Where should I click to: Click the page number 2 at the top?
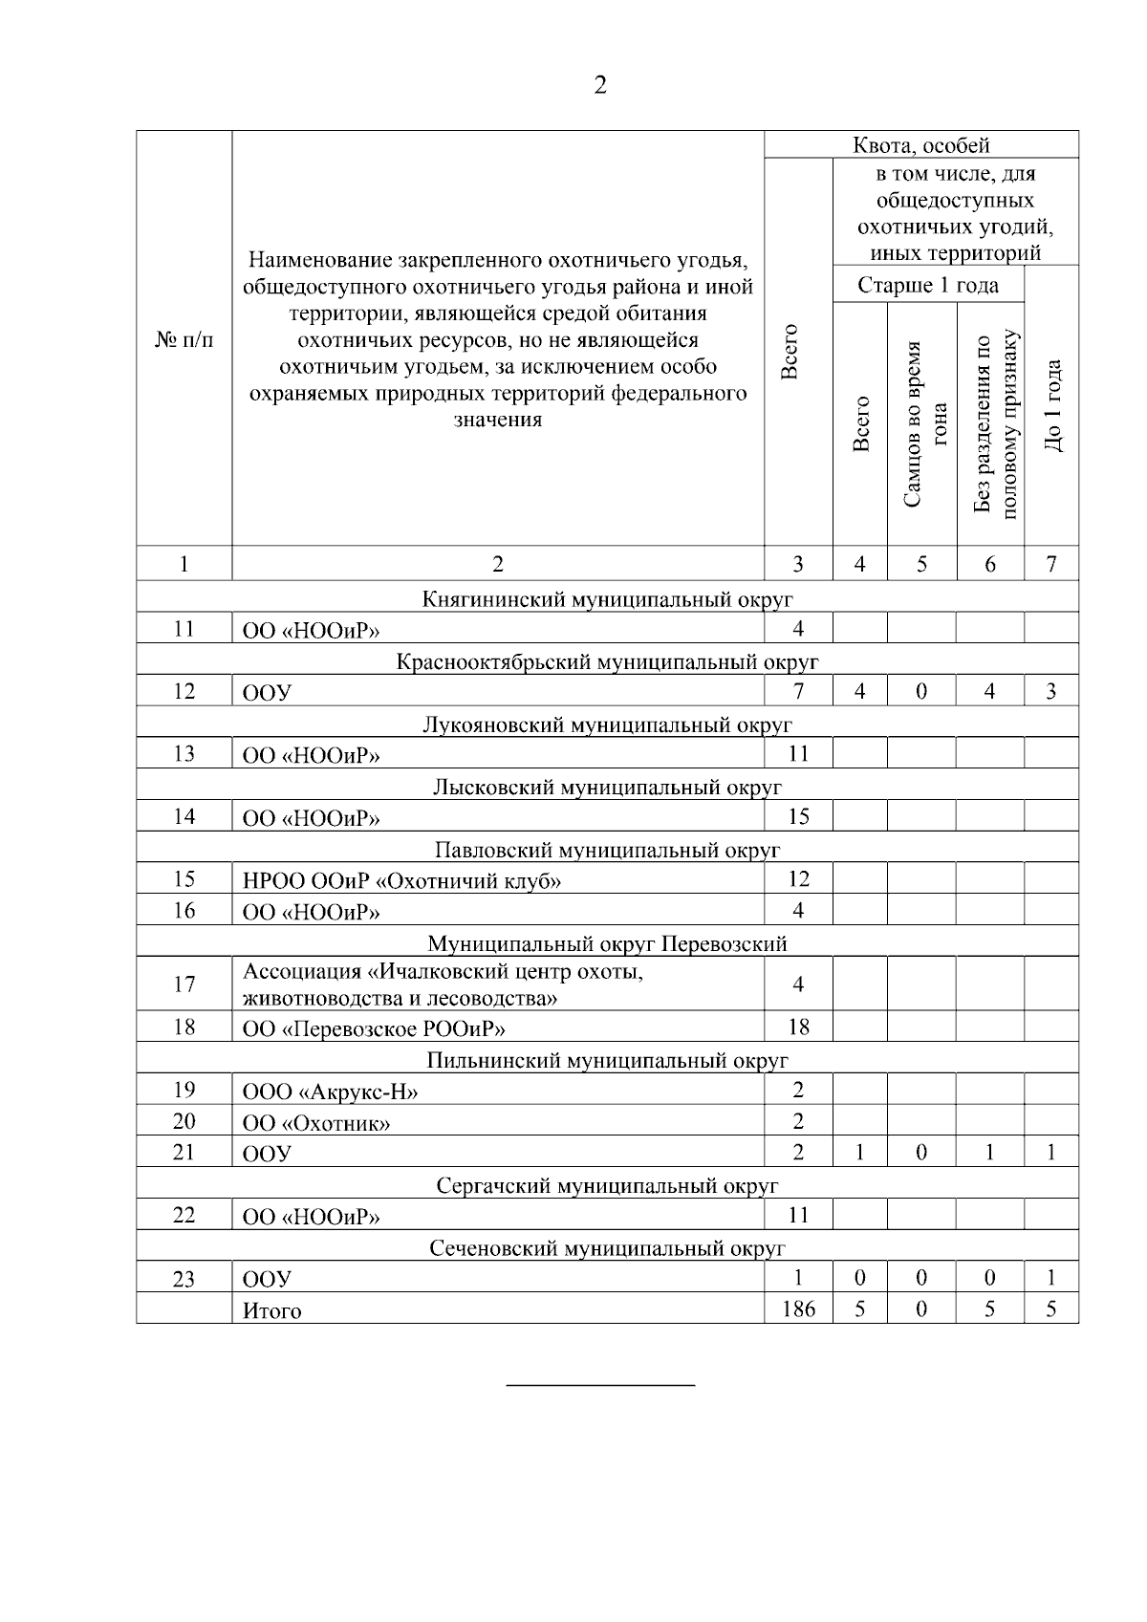[x=599, y=86]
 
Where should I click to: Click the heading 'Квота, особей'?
[x=921, y=145]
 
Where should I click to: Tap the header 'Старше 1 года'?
[x=927, y=285]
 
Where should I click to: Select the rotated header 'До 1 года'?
[x=1052, y=405]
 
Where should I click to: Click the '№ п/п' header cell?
[x=184, y=340]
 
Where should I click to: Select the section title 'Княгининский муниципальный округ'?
[x=607, y=599]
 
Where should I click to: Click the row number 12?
[x=184, y=691]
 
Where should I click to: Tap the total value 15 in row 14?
[x=798, y=816]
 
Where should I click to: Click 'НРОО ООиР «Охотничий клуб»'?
[x=401, y=880]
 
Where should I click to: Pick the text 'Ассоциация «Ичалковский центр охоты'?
[x=442, y=972]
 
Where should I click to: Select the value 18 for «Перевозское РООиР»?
[x=798, y=1027]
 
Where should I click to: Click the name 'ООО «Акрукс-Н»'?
[x=330, y=1092]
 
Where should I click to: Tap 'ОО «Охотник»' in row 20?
[x=316, y=1123]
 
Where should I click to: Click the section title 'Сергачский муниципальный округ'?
[x=607, y=1185]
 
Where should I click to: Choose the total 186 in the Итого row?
[x=798, y=1308]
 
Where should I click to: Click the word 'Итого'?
[x=271, y=1310]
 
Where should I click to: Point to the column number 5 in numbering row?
[x=921, y=564]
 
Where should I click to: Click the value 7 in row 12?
[x=798, y=691]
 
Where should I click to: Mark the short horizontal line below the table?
[x=599, y=1384]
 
